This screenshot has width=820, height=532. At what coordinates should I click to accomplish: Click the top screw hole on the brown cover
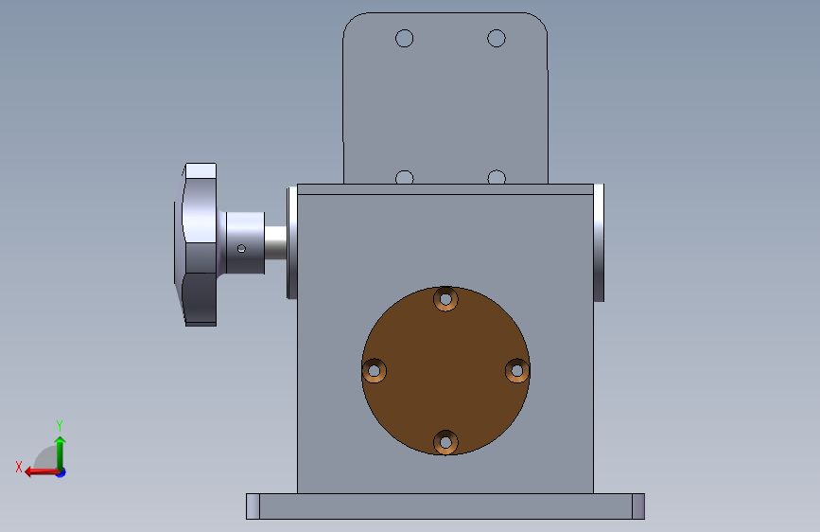[445, 299]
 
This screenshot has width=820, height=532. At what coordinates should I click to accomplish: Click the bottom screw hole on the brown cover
[445, 442]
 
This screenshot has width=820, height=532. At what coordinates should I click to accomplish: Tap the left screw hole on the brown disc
[374, 371]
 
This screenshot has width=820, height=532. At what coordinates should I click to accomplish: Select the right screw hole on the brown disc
[517, 371]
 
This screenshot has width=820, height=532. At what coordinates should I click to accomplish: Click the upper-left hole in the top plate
[404, 38]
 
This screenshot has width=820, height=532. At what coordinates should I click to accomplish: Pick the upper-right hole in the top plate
[497, 38]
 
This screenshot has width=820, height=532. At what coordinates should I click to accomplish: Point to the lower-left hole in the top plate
[404, 178]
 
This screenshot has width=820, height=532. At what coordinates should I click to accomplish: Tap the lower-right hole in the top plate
[497, 178]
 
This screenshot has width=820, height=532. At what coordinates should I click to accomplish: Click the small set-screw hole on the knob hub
[241, 249]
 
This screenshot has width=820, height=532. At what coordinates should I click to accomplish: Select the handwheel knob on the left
[195, 244]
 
